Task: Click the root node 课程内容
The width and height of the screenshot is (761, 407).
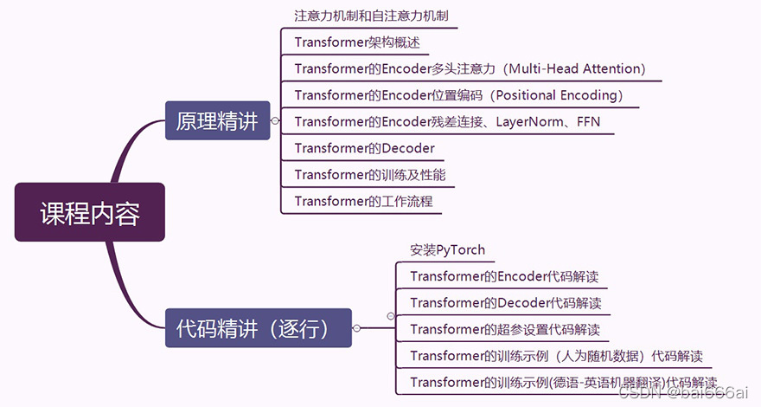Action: tap(90, 212)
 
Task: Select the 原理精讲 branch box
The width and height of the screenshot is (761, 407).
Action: tap(217, 121)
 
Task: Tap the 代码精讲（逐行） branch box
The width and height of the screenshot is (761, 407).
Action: tap(259, 328)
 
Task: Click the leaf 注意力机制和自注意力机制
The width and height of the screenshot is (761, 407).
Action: tap(371, 16)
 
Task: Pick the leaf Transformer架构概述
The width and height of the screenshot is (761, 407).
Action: tap(357, 42)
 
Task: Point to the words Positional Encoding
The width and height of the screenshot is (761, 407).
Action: tap(547, 95)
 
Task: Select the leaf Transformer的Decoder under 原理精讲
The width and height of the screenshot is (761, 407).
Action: tap(364, 148)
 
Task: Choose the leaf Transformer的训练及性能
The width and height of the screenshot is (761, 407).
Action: tap(370, 175)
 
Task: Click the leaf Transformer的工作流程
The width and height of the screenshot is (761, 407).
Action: tap(363, 202)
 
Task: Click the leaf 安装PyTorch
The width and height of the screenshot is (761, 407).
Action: tap(447, 250)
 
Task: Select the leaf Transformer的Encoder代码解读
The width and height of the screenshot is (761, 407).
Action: tap(504, 277)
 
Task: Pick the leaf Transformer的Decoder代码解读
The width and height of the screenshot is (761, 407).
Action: tap(505, 303)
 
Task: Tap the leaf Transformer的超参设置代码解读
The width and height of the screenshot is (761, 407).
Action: tap(504, 330)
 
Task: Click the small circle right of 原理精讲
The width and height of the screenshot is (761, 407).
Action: tap(274, 121)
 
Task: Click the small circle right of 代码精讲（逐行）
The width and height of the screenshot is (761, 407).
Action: tap(356, 328)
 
